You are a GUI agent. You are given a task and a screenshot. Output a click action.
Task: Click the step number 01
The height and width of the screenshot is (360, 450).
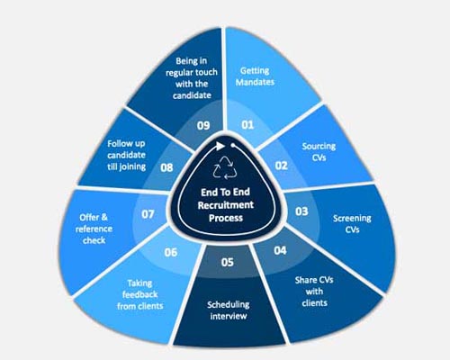(247, 124)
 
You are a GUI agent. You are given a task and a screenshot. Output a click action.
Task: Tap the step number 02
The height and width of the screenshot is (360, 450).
(282, 166)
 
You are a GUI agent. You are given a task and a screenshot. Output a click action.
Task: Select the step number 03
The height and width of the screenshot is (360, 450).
(301, 211)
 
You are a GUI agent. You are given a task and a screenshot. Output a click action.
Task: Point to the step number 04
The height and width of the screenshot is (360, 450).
(280, 250)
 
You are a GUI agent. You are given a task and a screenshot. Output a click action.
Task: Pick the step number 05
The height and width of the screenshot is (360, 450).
(228, 262)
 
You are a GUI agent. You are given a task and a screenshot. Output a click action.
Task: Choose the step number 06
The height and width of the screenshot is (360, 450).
(171, 252)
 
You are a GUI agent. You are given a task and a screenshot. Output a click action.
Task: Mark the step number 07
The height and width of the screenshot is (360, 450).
(148, 214)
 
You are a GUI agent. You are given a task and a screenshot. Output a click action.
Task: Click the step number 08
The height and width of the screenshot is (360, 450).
(166, 167)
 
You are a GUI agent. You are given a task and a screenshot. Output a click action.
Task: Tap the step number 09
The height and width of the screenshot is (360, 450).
(203, 125)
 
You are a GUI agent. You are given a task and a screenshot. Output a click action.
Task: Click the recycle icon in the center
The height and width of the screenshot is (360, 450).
(225, 167)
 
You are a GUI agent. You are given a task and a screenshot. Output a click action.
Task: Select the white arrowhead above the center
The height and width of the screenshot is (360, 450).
(220, 146)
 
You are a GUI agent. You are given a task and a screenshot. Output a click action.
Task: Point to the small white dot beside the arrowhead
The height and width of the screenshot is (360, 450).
(232, 146)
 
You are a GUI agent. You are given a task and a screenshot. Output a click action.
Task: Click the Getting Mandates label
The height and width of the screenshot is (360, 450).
(255, 76)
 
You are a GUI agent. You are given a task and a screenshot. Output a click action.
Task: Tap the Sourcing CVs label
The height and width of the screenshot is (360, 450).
(319, 152)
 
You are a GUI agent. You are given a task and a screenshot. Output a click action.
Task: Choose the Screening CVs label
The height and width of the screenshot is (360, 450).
(352, 224)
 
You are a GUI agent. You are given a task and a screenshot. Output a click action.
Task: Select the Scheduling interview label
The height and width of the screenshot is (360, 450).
(229, 310)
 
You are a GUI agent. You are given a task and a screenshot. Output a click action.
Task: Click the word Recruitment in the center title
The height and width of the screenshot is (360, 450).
(226, 205)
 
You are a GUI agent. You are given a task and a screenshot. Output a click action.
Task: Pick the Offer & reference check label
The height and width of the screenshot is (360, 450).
(94, 229)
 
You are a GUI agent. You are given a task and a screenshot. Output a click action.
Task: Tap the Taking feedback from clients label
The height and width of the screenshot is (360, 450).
(140, 294)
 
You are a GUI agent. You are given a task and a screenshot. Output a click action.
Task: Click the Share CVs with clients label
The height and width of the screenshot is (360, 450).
(314, 292)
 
